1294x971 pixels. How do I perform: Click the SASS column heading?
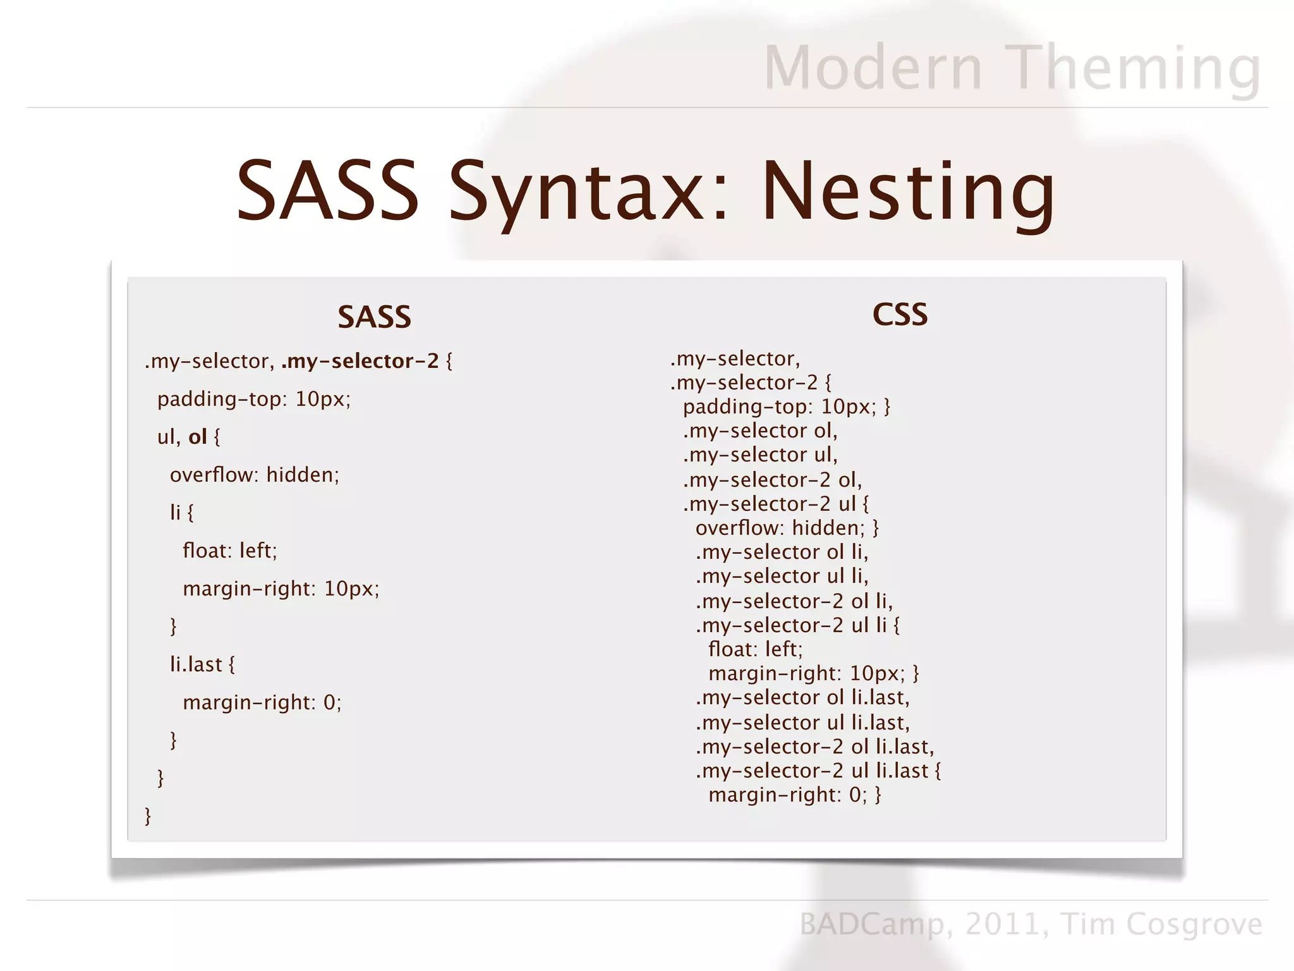(374, 317)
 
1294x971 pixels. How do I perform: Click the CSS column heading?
(900, 314)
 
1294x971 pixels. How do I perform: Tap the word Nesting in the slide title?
(908, 192)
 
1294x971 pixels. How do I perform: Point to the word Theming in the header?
(1135, 68)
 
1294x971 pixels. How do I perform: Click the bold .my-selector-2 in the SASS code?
(360, 361)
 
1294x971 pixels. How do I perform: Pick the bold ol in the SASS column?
(198, 437)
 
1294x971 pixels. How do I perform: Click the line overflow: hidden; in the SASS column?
(255, 475)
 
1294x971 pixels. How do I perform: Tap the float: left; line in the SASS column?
(230, 551)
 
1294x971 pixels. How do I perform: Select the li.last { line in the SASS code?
(202, 664)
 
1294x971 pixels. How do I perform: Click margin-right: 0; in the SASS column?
(262, 702)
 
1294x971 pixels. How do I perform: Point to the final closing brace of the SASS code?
(148, 816)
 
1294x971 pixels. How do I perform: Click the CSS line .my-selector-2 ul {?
(776, 504)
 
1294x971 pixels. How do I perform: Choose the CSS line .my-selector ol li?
(782, 552)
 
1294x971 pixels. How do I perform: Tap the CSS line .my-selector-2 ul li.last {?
(818, 771)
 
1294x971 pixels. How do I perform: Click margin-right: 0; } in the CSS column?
(795, 795)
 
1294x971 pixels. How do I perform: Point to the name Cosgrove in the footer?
(1194, 924)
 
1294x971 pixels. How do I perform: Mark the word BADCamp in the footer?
(872, 924)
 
